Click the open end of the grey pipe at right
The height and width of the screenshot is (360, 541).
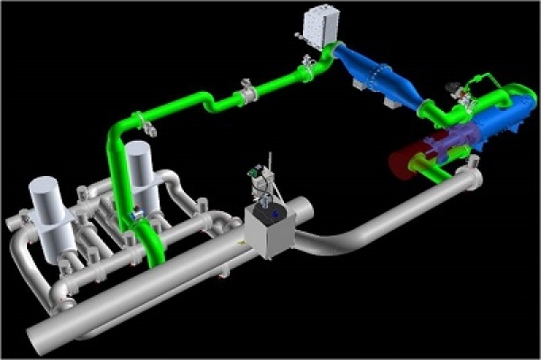(473, 180)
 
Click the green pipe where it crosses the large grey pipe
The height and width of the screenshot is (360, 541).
(151, 254)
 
